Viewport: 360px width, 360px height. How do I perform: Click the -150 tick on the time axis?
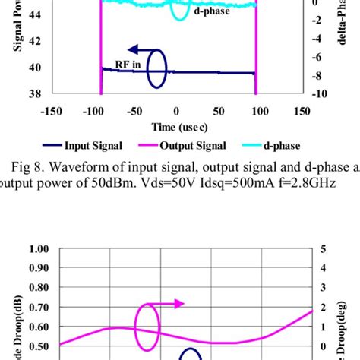(51, 111)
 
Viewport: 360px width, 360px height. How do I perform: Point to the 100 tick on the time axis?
(260, 111)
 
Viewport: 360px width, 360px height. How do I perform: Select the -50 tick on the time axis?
(134, 111)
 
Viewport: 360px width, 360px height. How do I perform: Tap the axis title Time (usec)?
(176, 126)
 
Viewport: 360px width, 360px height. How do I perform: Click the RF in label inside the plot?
(128, 65)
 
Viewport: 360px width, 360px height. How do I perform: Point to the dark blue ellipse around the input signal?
(156, 69)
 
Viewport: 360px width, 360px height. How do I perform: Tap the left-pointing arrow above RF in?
(141, 47)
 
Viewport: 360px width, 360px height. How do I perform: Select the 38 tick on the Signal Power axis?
(36, 94)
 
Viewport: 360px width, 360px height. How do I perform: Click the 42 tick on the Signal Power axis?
(36, 43)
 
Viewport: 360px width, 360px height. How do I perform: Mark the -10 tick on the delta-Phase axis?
(320, 94)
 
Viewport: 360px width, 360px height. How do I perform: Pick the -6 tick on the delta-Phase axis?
(320, 57)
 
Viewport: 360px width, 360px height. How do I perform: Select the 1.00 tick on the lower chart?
(36, 249)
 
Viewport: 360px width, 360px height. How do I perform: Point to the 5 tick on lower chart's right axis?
(324, 249)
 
